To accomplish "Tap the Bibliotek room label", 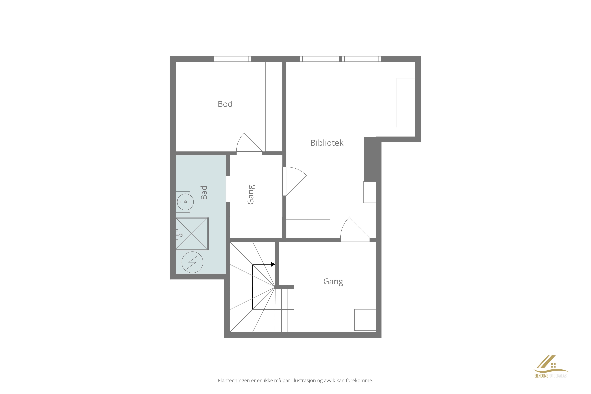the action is click(327, 143).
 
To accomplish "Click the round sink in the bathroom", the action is click(185, 202).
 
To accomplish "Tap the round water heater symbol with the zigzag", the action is click(192, 262).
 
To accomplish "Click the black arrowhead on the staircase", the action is click(273, 264).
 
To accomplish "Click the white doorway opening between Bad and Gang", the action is click(228, 189).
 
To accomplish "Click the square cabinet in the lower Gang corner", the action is click(365, 320).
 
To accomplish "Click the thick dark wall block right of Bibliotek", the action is click(370, 159).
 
